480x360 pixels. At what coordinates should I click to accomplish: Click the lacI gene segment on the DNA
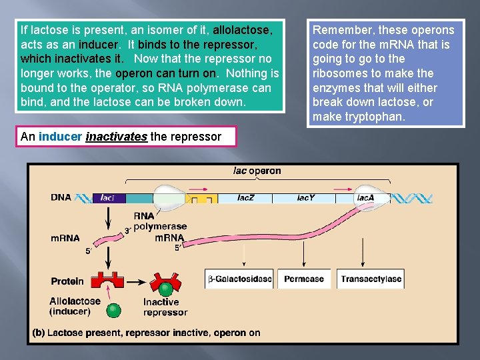pos(108,198)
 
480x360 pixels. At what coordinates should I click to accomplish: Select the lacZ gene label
pos(245,198)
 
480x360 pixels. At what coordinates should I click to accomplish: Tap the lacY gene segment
pos(305,198)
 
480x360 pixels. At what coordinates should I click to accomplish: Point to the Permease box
pos(303,279)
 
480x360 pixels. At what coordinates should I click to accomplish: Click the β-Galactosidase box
pos(239,279)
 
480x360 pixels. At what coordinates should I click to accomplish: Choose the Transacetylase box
pos(371,279)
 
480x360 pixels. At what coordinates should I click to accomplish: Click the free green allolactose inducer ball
pos(115,309)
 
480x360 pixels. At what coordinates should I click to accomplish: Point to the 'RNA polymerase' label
pos(160,221)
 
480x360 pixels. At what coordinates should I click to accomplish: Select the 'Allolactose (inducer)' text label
pos(75,306)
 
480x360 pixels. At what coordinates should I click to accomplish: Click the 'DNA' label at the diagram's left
pos(61,197)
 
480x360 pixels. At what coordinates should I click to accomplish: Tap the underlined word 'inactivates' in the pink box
pos(116,137)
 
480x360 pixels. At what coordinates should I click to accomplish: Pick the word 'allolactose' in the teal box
pos(241,30)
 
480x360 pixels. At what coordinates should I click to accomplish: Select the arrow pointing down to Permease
pos(303,253)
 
